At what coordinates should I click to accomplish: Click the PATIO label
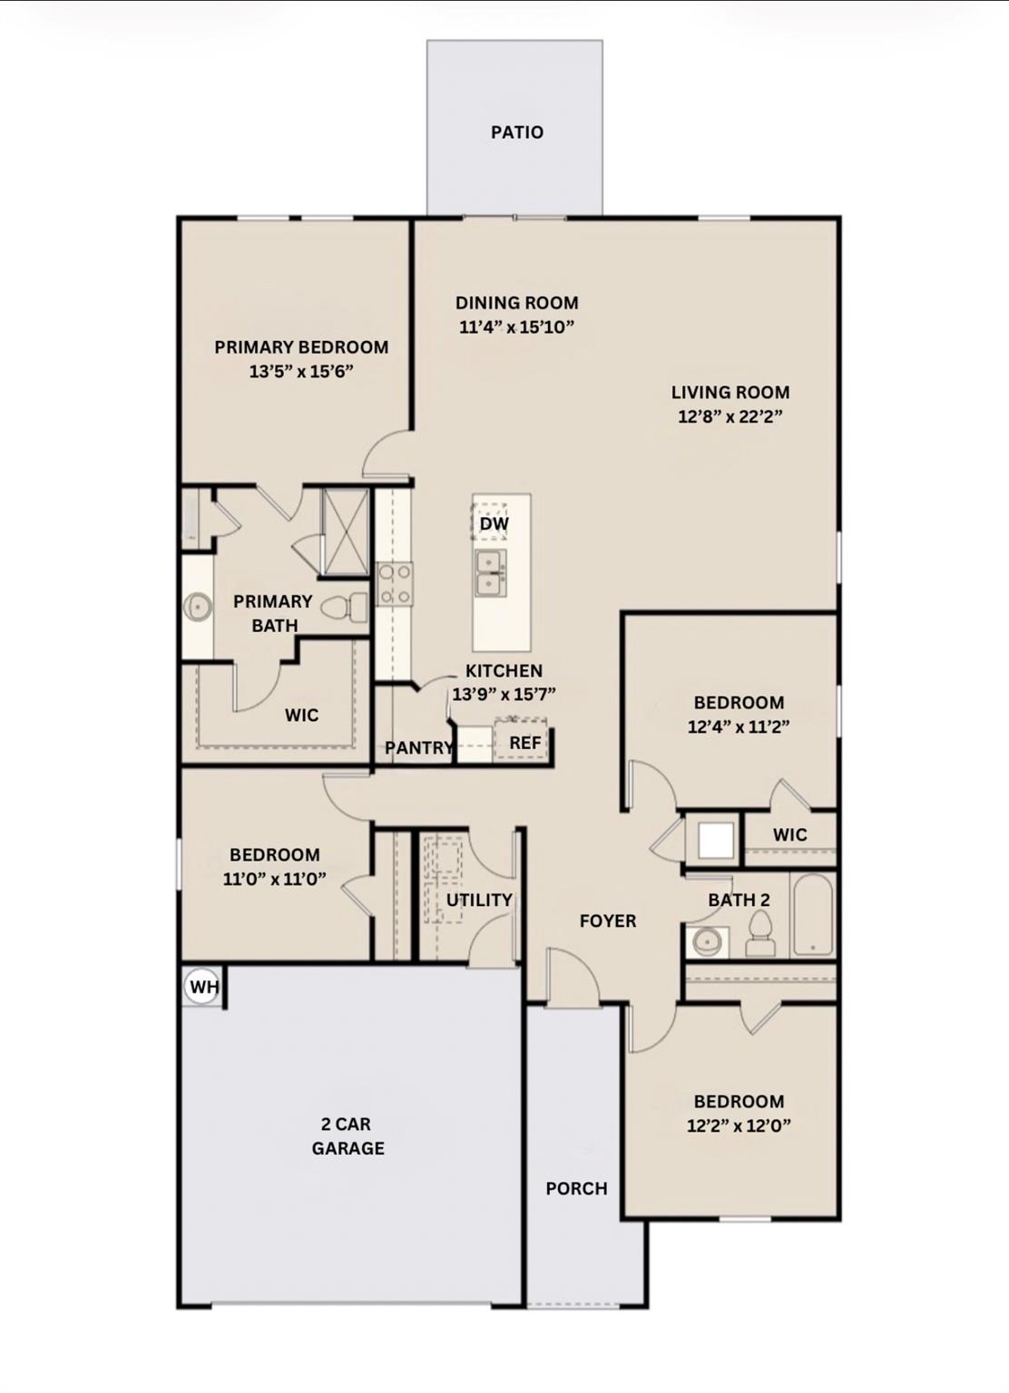tap(517, 132)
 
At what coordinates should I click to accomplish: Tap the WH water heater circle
tap(202, 987)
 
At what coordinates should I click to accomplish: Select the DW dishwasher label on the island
tap(494, 524)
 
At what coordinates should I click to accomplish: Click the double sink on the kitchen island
tap(491, 574)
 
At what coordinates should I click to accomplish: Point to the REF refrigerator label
tap(524, 743)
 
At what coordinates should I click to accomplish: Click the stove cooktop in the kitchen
tap(395, 584)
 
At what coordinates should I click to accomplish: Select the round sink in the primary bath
tap(197, 607)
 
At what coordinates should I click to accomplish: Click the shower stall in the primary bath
tap(345, 531)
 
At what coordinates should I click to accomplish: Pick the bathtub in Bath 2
tap(812, 914)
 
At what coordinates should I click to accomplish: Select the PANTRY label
tap(418, 748)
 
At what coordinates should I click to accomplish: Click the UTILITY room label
tap(479, 900)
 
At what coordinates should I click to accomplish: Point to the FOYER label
tap(608, 921)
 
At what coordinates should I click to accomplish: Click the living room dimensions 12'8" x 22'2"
tap(730, 417)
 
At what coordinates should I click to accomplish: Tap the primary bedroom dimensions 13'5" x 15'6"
tap(300, 371)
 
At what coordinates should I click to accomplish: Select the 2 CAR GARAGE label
tap(348, 1136)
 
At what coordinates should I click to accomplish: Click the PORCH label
tap(576, 1188)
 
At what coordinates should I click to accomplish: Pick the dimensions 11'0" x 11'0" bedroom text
tap(274, 879)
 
